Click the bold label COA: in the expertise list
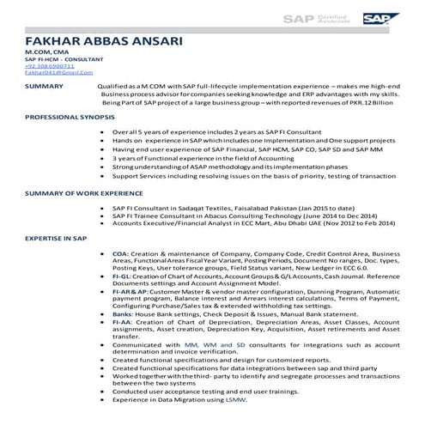click(120, 254)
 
